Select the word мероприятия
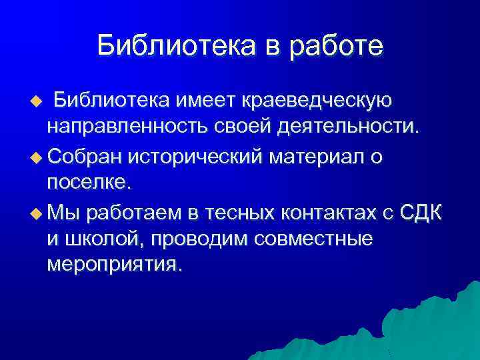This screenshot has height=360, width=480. click(x=114, y=265)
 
